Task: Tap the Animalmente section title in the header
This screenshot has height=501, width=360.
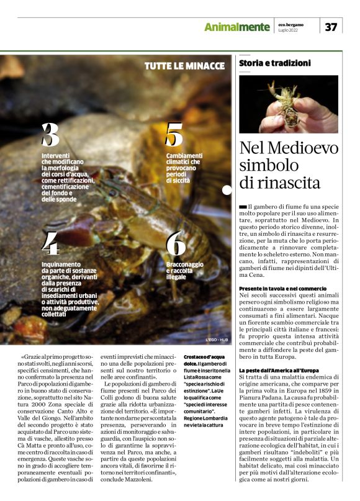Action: coord(238,27)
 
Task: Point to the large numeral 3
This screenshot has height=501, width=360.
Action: coord(50,135)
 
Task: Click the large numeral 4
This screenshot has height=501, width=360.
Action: coord(50,244)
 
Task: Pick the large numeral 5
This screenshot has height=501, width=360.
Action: coord(174,135)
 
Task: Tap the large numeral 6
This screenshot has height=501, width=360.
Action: coord(176,244)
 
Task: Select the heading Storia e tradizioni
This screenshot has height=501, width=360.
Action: coord(274,63)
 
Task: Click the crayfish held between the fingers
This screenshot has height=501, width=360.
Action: coord(287,103)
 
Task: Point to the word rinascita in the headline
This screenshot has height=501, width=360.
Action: coord(287,183)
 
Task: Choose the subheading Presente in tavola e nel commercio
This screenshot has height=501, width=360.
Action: coord(282,289)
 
